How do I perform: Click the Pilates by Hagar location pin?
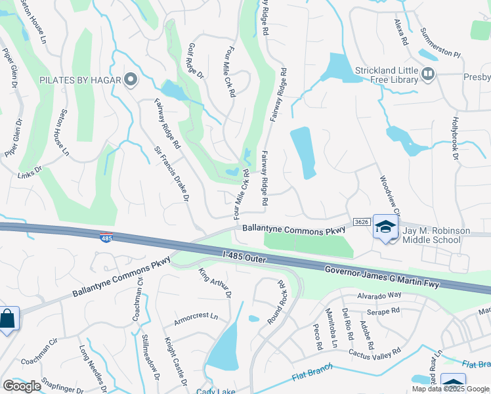coord(130,81)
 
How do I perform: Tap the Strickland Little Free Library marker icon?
coord(428,74)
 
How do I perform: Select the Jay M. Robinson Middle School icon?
coord(386,228)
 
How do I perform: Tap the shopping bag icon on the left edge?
coord(7,319)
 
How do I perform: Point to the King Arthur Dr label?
coord(215,282)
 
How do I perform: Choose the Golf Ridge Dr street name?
coord(196,61)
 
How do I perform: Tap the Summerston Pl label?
coord(441,41)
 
